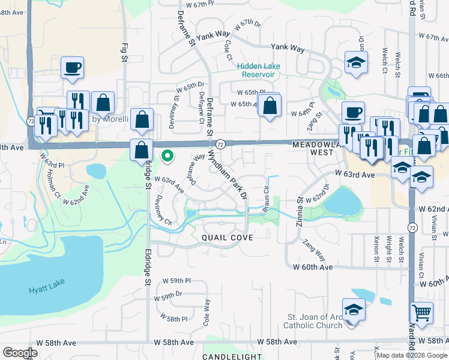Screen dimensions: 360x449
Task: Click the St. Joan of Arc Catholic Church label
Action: tap(315, 321)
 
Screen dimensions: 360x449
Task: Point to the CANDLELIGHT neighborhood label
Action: tap(232, 356)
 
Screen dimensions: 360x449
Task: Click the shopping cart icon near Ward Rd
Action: tap(421, 313)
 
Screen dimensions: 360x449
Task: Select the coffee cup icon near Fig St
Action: tap(72, 67)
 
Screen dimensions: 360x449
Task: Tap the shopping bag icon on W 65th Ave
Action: tap(270, 105)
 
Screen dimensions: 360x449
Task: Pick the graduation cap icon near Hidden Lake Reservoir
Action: tap(356, 62)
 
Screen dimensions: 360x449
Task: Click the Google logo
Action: tap(20, 353)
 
